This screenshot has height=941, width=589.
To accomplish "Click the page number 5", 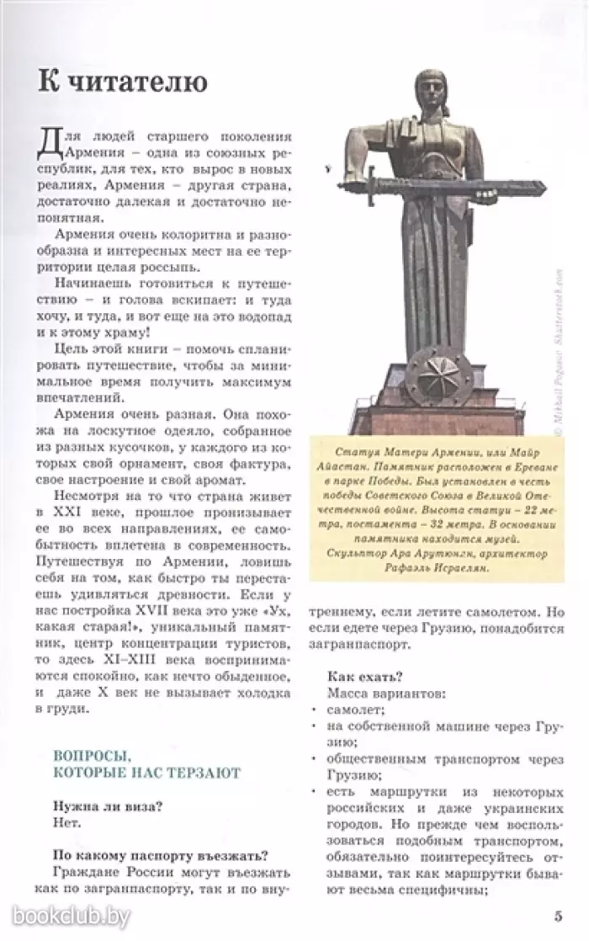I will [x=559, y=916].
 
